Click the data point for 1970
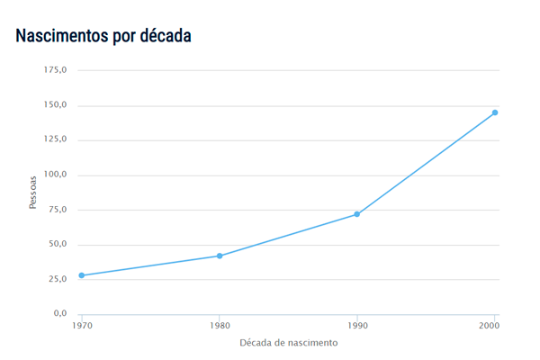click(82, 275)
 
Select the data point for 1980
click(220, 256)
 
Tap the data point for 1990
click(357, 214)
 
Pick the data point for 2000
click(495, 112)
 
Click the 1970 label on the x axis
click(82, 325)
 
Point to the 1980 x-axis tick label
click(220, 325)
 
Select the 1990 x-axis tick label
click(357, 325)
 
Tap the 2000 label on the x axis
click(490, 325)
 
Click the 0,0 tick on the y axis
click(60, 313)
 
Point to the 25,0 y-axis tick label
click(58, 279)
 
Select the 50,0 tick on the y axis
click(58, 244)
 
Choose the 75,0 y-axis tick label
click(58, 209)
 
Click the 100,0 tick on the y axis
click(57, 175)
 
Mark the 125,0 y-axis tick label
click(57, 139)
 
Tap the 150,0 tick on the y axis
click(57, 104)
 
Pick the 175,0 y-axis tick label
click(57, 70)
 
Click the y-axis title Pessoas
click(33, 192)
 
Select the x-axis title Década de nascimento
click(289, 343)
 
